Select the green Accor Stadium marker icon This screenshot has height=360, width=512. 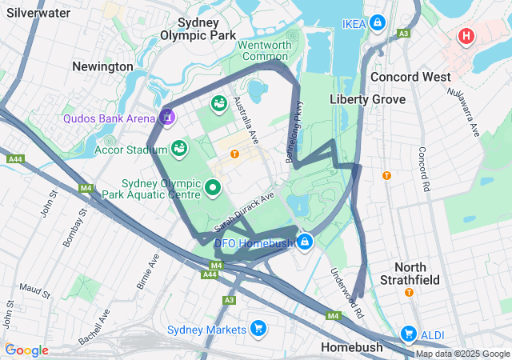point(180,149)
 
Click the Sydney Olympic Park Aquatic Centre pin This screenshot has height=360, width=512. point(212,188)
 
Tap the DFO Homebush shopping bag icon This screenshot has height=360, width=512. point(305,241)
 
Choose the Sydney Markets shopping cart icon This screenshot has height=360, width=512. point(258,329)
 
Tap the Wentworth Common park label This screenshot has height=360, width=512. point(265,50)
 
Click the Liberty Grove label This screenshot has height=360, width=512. point(367,99)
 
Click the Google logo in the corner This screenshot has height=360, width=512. point(26,350)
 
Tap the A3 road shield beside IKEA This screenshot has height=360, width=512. point(404,33)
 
